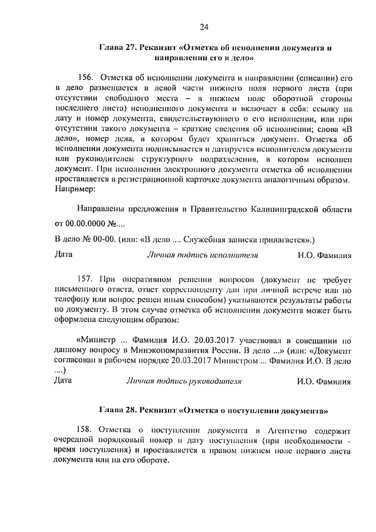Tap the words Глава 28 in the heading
click(116, 408)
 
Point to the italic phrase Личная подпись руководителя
click(184, 381)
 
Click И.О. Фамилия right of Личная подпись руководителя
click(324, 382)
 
